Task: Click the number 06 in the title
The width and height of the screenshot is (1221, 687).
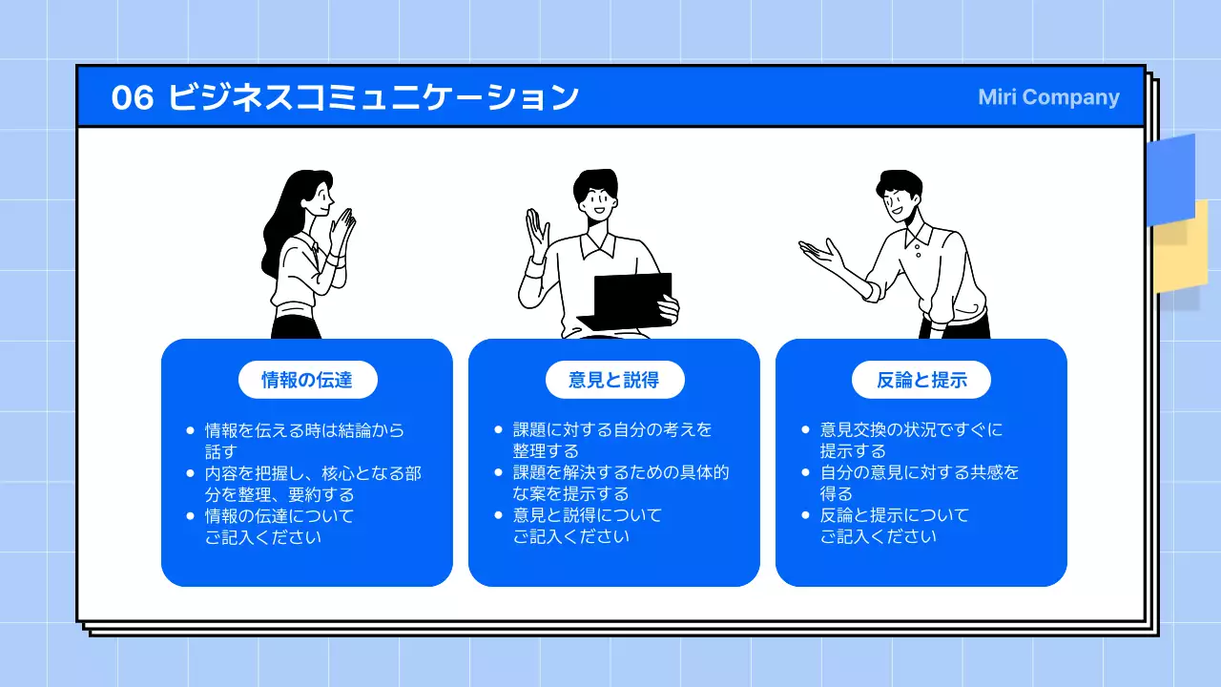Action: coord(133,97)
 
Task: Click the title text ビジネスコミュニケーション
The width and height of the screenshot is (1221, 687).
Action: coord(373,97)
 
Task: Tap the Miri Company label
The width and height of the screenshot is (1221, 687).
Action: coord(1048,97)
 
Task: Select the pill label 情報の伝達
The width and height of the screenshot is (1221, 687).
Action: coord(307,380)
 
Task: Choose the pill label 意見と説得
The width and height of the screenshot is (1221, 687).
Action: coord(614,380)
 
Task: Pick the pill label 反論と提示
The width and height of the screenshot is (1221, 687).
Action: coord(921,380)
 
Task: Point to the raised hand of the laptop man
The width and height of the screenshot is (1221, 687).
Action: coord(537,234)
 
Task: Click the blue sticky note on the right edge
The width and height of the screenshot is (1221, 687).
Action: coord(1171,177)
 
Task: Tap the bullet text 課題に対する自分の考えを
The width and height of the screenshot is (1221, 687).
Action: coord(612,430)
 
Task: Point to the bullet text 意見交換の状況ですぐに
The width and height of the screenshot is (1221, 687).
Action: coord(911,430)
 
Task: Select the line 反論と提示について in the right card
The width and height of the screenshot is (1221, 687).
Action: coord(894,515)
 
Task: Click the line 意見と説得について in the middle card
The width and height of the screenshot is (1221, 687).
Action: coord(587,515)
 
